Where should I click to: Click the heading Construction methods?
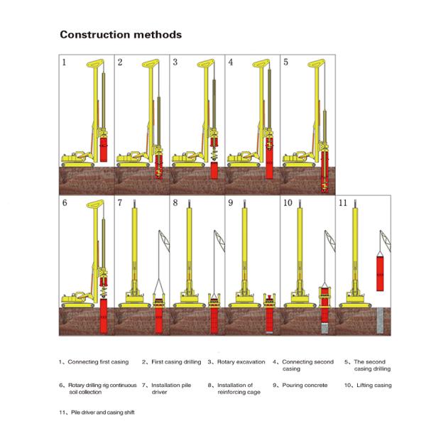[x=120, y=34]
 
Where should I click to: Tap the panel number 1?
[x=64, y=62]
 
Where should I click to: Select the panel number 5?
[x=286, y=62]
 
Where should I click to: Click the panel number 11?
[x=343, y=203]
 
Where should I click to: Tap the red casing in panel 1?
[x=104, y=151]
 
